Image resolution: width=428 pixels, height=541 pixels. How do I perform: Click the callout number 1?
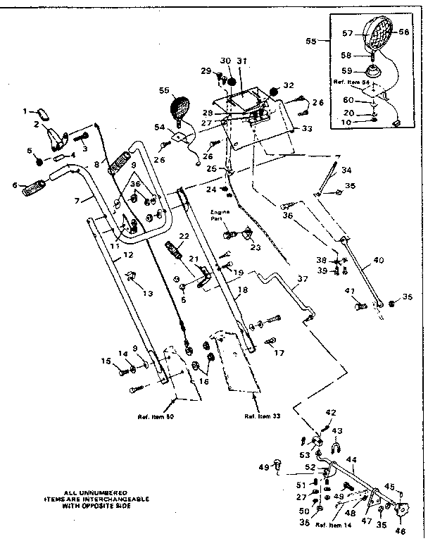(25, 111)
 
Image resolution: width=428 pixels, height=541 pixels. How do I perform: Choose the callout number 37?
(302, 279)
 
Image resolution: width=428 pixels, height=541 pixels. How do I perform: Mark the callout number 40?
(378, 260)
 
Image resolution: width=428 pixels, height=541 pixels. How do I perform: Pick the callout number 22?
(184, 236)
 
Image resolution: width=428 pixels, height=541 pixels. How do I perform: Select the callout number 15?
(106, 362)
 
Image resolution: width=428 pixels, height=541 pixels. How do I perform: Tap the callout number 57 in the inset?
(347, 32)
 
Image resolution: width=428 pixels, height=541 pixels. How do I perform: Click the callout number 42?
(332, 412)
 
